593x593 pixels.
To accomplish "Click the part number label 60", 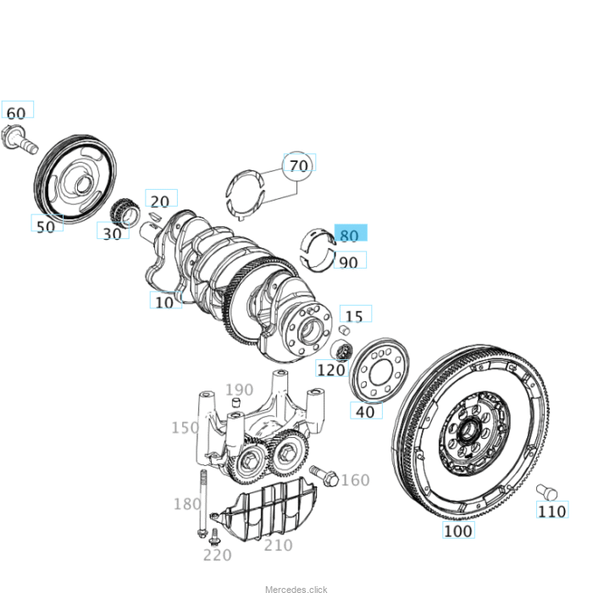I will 16,113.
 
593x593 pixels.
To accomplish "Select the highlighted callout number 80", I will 348,236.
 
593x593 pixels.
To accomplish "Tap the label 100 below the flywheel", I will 457,531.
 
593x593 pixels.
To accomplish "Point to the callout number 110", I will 551,512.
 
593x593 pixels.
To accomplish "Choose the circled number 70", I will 298,166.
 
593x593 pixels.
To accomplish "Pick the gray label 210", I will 278,546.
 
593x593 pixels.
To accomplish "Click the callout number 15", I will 354,316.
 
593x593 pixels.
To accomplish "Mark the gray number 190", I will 239,391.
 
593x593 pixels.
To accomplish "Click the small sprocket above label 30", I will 124,209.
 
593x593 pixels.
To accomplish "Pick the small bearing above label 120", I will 342,351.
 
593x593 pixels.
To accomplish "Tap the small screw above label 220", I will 214,535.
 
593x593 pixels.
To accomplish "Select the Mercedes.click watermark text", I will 296,588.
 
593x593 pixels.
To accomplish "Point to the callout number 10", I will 164,301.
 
